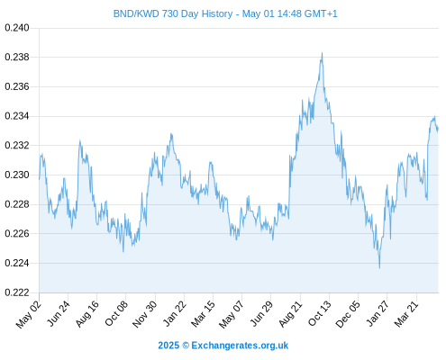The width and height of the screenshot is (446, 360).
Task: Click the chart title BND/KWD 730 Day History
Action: [173, 13]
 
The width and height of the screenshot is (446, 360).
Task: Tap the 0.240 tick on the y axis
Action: [17, 28]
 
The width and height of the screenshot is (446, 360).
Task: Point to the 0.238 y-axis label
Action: [17, 57]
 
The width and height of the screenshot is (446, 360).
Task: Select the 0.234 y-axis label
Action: [17, 116]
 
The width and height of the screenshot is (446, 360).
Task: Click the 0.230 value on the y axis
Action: [17, 175]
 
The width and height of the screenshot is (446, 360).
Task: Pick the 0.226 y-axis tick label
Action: [17, 233]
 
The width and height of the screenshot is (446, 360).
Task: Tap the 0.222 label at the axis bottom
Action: [17, 292]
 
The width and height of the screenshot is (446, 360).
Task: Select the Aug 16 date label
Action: [87, 313]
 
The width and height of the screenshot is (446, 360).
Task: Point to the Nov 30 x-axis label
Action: [145, 314]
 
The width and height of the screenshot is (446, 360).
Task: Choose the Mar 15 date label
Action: [204, 313]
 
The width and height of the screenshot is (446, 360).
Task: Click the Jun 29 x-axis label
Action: [261, 313]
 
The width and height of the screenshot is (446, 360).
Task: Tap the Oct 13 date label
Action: [320, 313]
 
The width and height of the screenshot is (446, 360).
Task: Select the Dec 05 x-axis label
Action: [348, 314]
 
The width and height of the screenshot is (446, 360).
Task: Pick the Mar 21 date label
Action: [406, 313]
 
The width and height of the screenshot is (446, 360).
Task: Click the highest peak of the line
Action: [322, 53]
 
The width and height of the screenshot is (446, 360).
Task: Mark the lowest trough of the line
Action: [379, 268]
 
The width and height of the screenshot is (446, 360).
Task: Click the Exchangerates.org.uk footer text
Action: [240, 346]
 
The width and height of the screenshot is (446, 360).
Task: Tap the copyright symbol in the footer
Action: [186, 346]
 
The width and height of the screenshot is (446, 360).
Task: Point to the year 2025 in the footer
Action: [168, 346]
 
